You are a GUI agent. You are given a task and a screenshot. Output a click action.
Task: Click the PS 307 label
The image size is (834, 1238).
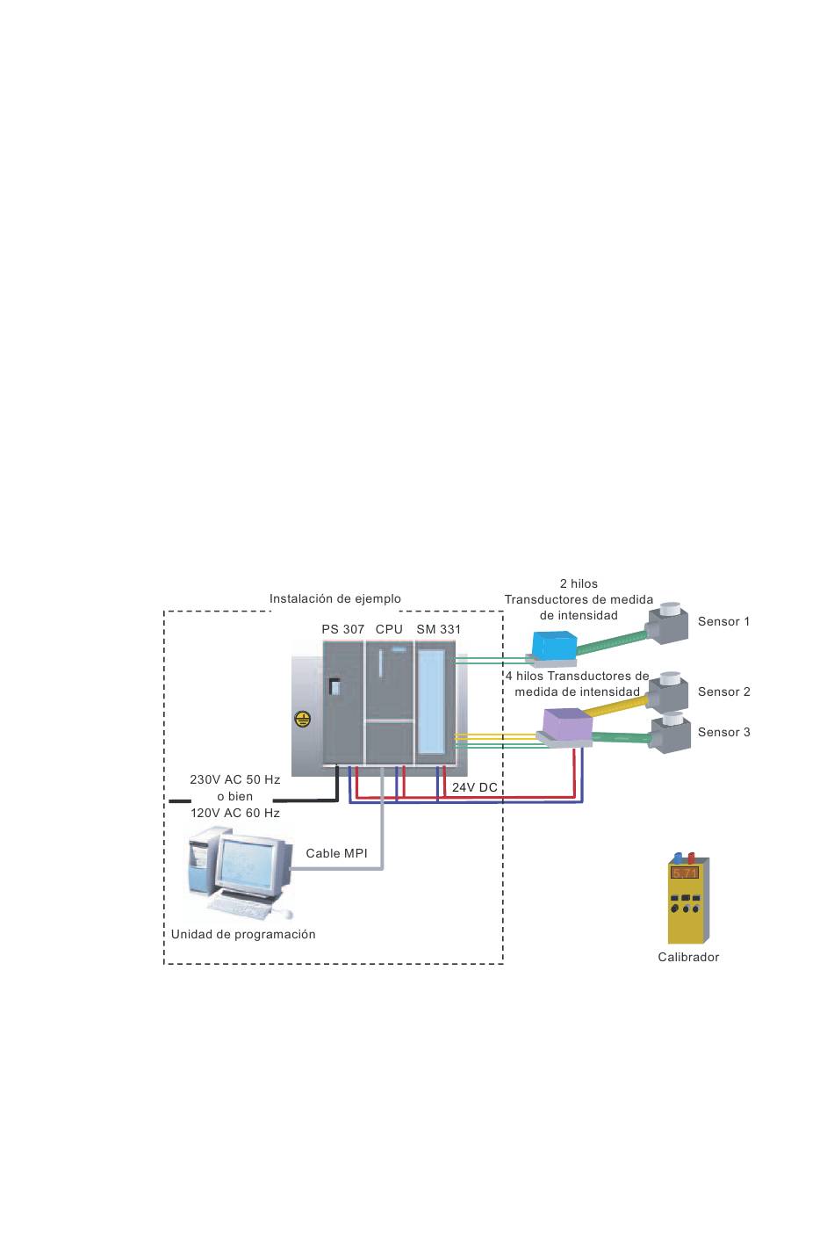(x=343, y=629)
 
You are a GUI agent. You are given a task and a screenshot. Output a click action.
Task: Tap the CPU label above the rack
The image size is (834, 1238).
(x=389, y=629)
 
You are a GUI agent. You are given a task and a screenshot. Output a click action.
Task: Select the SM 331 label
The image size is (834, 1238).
(x=439, y=629)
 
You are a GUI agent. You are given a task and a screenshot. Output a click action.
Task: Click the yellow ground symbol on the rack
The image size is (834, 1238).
(x=302, y=719)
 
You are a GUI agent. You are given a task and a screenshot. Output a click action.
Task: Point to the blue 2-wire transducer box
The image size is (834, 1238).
(x=554, y=646)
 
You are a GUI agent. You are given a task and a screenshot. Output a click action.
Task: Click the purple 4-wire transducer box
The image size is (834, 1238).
(x=567, y=723)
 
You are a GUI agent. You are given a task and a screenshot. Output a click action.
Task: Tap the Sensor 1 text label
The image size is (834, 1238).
(x=723, y=621)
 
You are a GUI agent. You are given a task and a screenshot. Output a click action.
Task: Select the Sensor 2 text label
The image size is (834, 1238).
(x=723, y=691)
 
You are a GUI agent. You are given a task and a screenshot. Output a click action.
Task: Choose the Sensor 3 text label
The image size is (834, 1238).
(x=723, y=732)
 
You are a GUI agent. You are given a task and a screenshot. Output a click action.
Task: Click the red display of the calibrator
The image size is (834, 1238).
(x=685, y=872)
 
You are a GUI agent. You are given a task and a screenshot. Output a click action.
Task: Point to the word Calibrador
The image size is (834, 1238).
(x=688, y=957)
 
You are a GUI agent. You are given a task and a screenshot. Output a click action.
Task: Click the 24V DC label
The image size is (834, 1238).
(x=474, y=787)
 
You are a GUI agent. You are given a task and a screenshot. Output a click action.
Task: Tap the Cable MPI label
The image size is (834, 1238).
(x=336, y=853)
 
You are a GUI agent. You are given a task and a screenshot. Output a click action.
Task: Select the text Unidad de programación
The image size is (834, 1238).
(x=243, y=934)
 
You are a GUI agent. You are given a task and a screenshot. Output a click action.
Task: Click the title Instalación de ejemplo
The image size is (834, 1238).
(x=334, y=598)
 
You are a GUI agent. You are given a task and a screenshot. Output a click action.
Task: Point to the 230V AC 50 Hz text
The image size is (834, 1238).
(x=234, y=779)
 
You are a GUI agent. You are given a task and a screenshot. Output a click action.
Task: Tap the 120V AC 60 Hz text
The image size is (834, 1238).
(x=234, y=813)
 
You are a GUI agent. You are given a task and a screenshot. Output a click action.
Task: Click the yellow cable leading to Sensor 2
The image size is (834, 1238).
(x=615, y=707)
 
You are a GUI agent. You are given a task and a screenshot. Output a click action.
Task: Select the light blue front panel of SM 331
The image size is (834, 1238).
(x=431, y=702)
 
